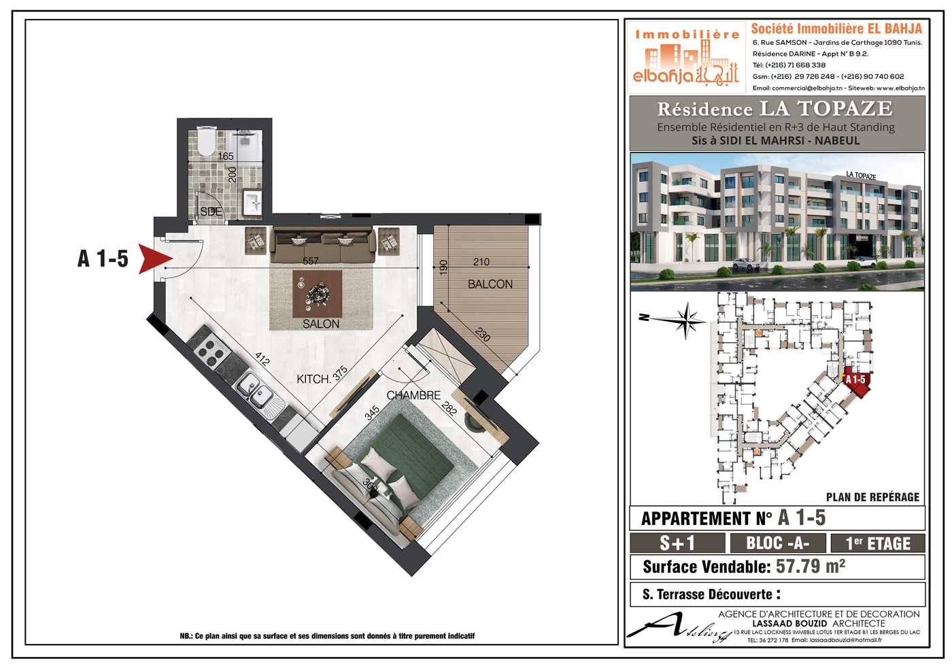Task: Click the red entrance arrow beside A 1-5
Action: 154,258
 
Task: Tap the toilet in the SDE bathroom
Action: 207,142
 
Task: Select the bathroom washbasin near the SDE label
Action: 252,203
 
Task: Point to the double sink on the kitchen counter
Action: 254,390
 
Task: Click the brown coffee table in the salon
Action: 317,294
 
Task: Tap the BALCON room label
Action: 490,284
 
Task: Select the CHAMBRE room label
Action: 413,395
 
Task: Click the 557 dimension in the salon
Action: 310,261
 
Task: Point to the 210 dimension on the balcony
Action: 481,262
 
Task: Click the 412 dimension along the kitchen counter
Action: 262,360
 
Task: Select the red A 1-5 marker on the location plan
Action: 856,382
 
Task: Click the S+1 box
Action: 677,543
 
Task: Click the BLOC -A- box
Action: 778,543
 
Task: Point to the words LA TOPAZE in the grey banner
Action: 826,108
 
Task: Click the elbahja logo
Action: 686,57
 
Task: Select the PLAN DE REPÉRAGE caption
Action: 872,497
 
